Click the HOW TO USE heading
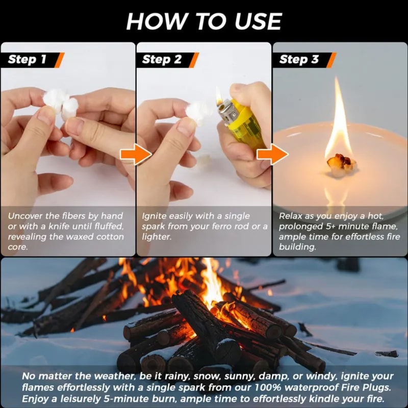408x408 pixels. [204, 21]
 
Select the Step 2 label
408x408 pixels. [162, 59]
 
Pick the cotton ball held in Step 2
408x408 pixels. [199, 112]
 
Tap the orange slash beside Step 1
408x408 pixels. [59, 60]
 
